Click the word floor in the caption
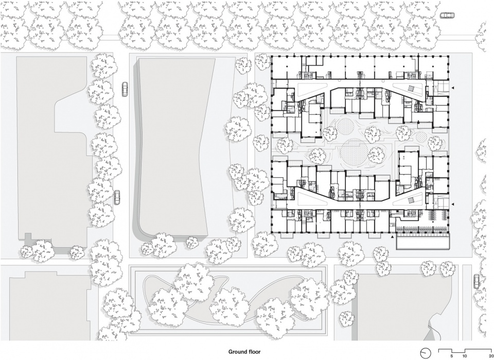pyautogui.click(x=255, y=351)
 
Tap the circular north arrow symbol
pyautogui.click(x=426, y=352)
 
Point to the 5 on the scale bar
pyautogui.click(x=451, y=355)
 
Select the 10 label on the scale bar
pyautogui.click(x=465, y=355)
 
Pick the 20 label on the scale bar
pyautogui.click(x=491, y=355)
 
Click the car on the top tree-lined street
pyautogui.click(x=447, y=15)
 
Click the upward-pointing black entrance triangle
pyautogui.click(x=392, y=236)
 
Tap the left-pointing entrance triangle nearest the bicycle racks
pyautogui.click(x=453, y=203)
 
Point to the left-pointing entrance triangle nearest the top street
pyautogui.click(x=453, y=88)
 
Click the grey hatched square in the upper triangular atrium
pyautogui.click(x=412, y=89)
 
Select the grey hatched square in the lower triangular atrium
pyautogui.click(x=412, y=200)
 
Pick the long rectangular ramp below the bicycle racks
pyautogui.click(x=422, y=243)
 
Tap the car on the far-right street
pyautogui.click(x=477, y=281)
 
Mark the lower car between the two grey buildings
pyautogui.click(x=117, y=198)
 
